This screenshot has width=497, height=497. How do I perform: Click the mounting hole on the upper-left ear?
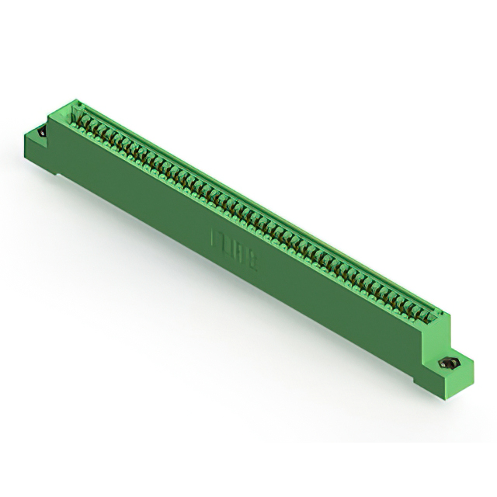(40, 133)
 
